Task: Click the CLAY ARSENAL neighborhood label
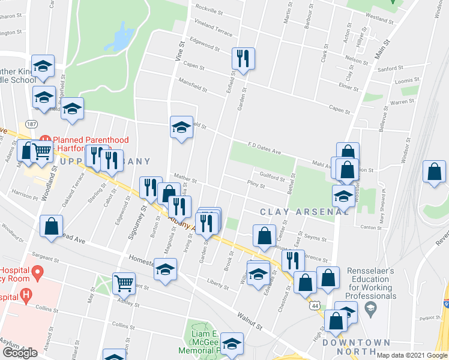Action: tap(304, 212)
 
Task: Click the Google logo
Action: tap(20, 353)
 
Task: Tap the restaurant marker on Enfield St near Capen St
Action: tap(244, 59)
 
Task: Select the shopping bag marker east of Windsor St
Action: tap(434, 172)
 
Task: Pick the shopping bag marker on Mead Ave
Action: tap(52, 227)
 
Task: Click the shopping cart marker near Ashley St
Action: tap(124, 283)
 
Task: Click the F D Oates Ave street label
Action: tap(265, 148)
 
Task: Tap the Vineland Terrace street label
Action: tap(209, 27)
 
